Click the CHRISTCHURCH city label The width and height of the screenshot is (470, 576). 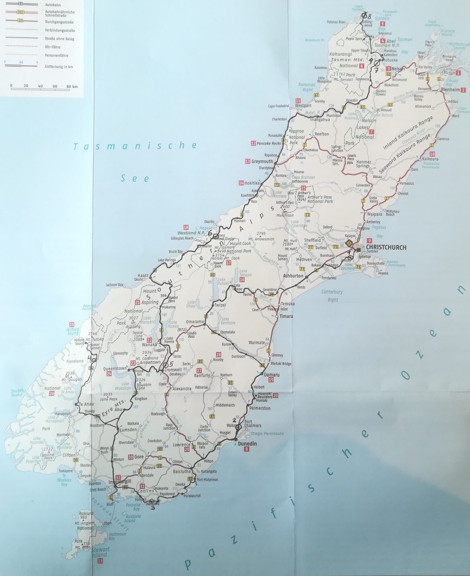click(x=386, y=247)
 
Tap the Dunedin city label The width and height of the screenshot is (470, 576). click(x=247, y=444)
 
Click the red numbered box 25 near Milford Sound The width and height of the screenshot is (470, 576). click(x=72, y=325)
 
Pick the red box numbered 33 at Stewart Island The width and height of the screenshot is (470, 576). click(x=100, y=561)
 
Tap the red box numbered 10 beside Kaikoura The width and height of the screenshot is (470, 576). click(x=432, y=154)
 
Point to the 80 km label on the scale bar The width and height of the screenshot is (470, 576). click(x=72, y=86)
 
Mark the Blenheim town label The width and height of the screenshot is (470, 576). click(x=450, y=90)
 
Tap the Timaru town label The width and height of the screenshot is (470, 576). click(x=287, y=316)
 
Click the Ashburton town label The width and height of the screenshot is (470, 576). click(x=292, y=276)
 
